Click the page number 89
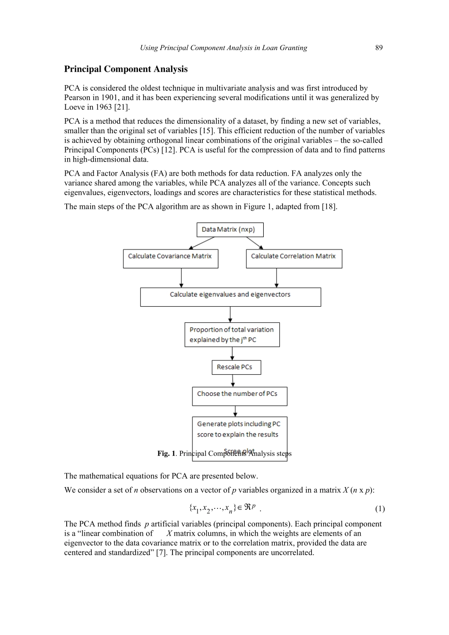point(379,48)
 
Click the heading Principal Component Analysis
point(126,69)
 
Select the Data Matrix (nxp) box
point(230,230)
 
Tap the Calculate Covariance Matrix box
point(170,258)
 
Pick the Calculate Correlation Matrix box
point(294,258)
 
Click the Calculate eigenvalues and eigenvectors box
point(230,297)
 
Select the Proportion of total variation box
point(232,335)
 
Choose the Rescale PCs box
point(236,367)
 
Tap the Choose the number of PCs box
point(239,396)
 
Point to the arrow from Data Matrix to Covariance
point(202,243)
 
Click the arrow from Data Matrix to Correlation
point(255,243)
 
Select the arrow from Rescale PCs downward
point(233,380)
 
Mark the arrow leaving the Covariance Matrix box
point(181,278)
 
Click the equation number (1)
point(380,509)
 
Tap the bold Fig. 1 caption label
point(166,454)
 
